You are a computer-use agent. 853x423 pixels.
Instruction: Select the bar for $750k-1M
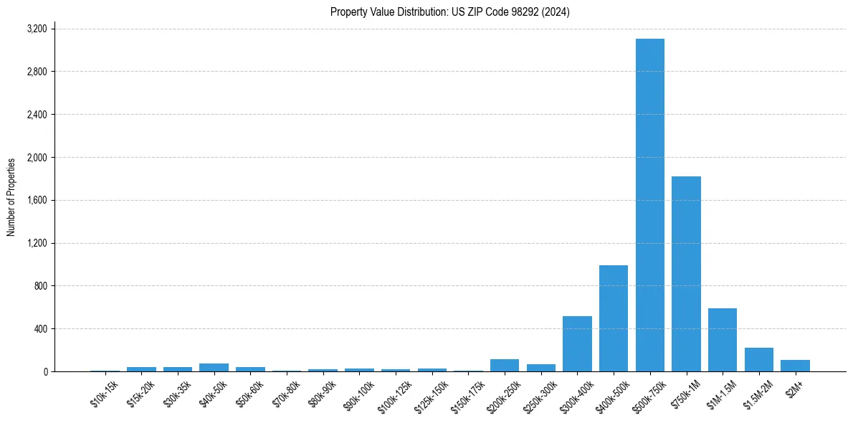686,274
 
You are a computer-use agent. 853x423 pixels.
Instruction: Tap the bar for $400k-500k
614,318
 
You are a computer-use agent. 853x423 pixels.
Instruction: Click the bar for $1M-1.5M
723,340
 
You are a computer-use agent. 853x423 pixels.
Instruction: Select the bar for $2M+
795,366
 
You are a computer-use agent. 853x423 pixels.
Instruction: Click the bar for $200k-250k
505,366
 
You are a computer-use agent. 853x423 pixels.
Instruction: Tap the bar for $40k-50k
214,367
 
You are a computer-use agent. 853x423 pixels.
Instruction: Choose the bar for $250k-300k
541,368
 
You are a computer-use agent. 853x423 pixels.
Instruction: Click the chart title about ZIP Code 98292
449,12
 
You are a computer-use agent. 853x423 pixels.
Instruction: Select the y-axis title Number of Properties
11,197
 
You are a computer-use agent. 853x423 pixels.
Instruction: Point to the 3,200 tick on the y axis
37,29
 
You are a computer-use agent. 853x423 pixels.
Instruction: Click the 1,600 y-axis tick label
37,200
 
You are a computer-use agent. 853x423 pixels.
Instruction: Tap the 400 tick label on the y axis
40,329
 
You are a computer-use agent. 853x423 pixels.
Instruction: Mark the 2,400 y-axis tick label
37,115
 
